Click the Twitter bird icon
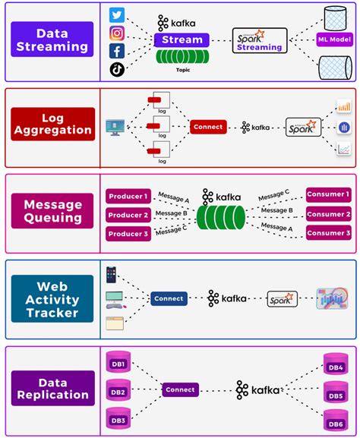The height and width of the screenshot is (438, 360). coord(117,15)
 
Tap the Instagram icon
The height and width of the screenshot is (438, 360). coord(117,33)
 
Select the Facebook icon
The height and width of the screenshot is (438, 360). coord(117,51)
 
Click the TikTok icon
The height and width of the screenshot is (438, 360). coord(117,69)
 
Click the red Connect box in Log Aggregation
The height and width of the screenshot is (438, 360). coord(207,128)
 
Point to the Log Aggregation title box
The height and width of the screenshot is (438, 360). coord(52,124)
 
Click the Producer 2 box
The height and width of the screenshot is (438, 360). coord(128,215)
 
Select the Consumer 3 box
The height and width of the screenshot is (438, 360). coord(328,232)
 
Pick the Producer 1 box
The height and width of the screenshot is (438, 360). coord(128,197)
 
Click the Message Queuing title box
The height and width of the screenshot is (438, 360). coord(52,212)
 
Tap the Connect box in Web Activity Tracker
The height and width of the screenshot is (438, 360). coord(169,298)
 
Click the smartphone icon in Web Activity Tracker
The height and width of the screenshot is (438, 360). coord(111,273)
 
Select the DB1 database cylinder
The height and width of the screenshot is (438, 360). coord(118,363)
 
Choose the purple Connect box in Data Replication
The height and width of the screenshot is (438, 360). coord(180,389)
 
